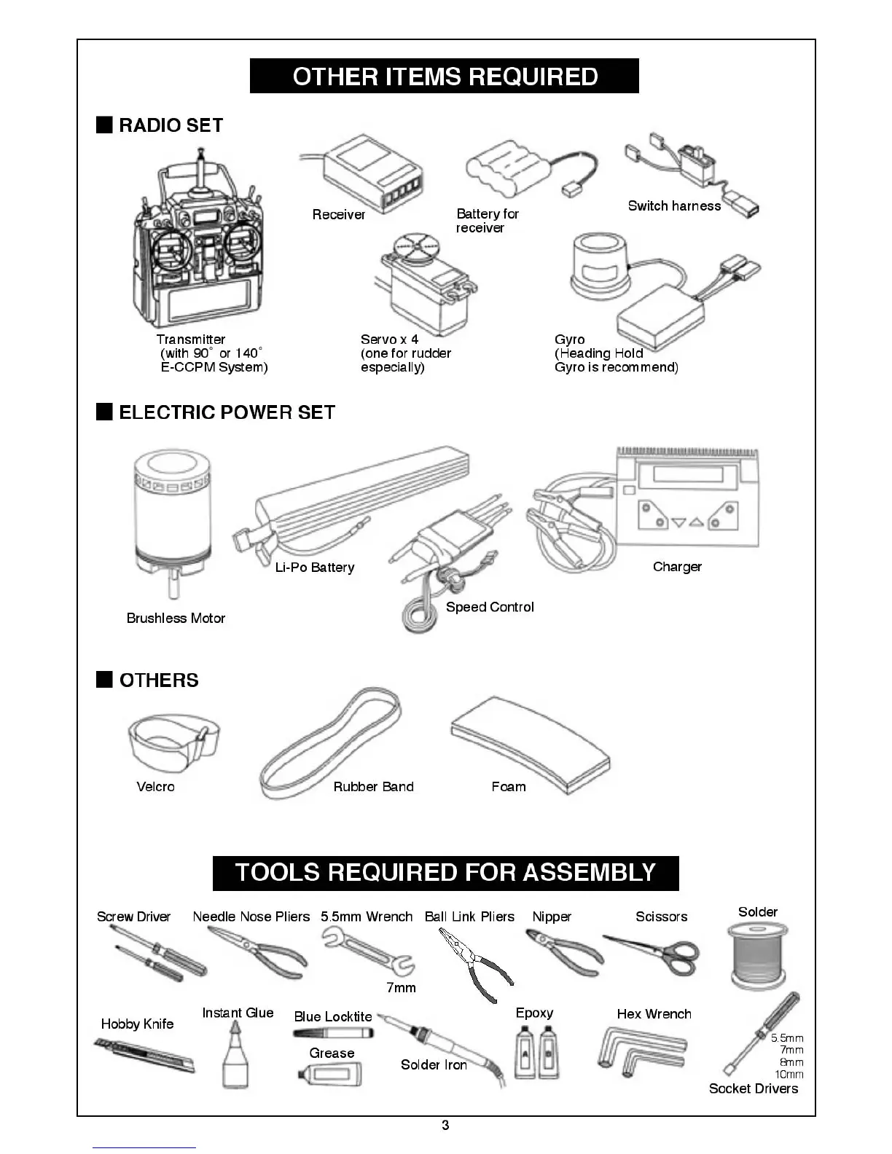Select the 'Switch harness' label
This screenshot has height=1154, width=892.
(x=674, y=206)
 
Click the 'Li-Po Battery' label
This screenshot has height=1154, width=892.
(x=315, y=568)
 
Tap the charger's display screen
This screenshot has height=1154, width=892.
(x=687, y=474)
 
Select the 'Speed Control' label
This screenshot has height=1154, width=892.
(x=490, y=608)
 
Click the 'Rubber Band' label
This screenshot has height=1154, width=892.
(x=373, y=787)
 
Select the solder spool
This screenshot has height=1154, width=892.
(x=758, y=954)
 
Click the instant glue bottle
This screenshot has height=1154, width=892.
(x=235, y=1056)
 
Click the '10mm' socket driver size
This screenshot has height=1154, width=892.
(x=789, y=1075)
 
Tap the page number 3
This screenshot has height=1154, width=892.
(x=445, y=1126)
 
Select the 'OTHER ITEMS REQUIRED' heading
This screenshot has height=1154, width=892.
(x=445, y=76)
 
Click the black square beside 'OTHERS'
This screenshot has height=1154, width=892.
(x=104, y=680)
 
